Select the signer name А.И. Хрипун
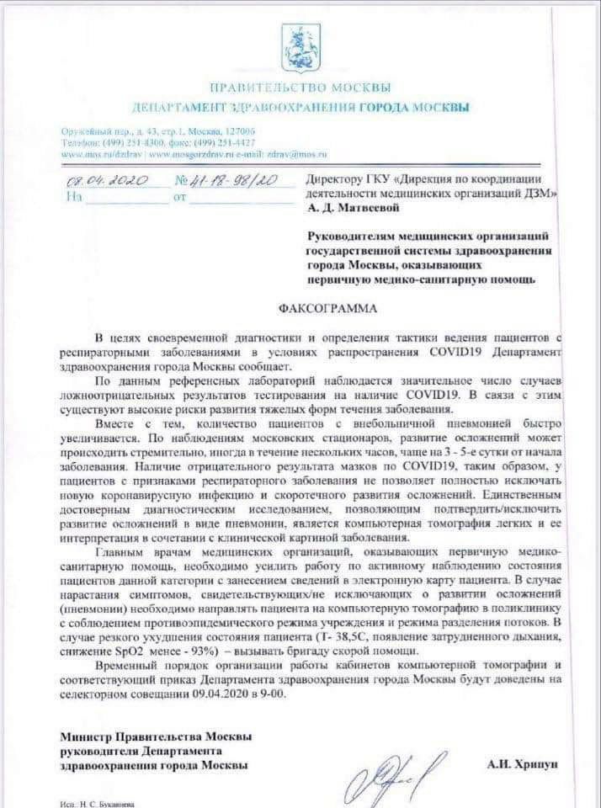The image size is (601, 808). tap(523, 764)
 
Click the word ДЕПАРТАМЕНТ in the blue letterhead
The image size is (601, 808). tap(176, 107)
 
